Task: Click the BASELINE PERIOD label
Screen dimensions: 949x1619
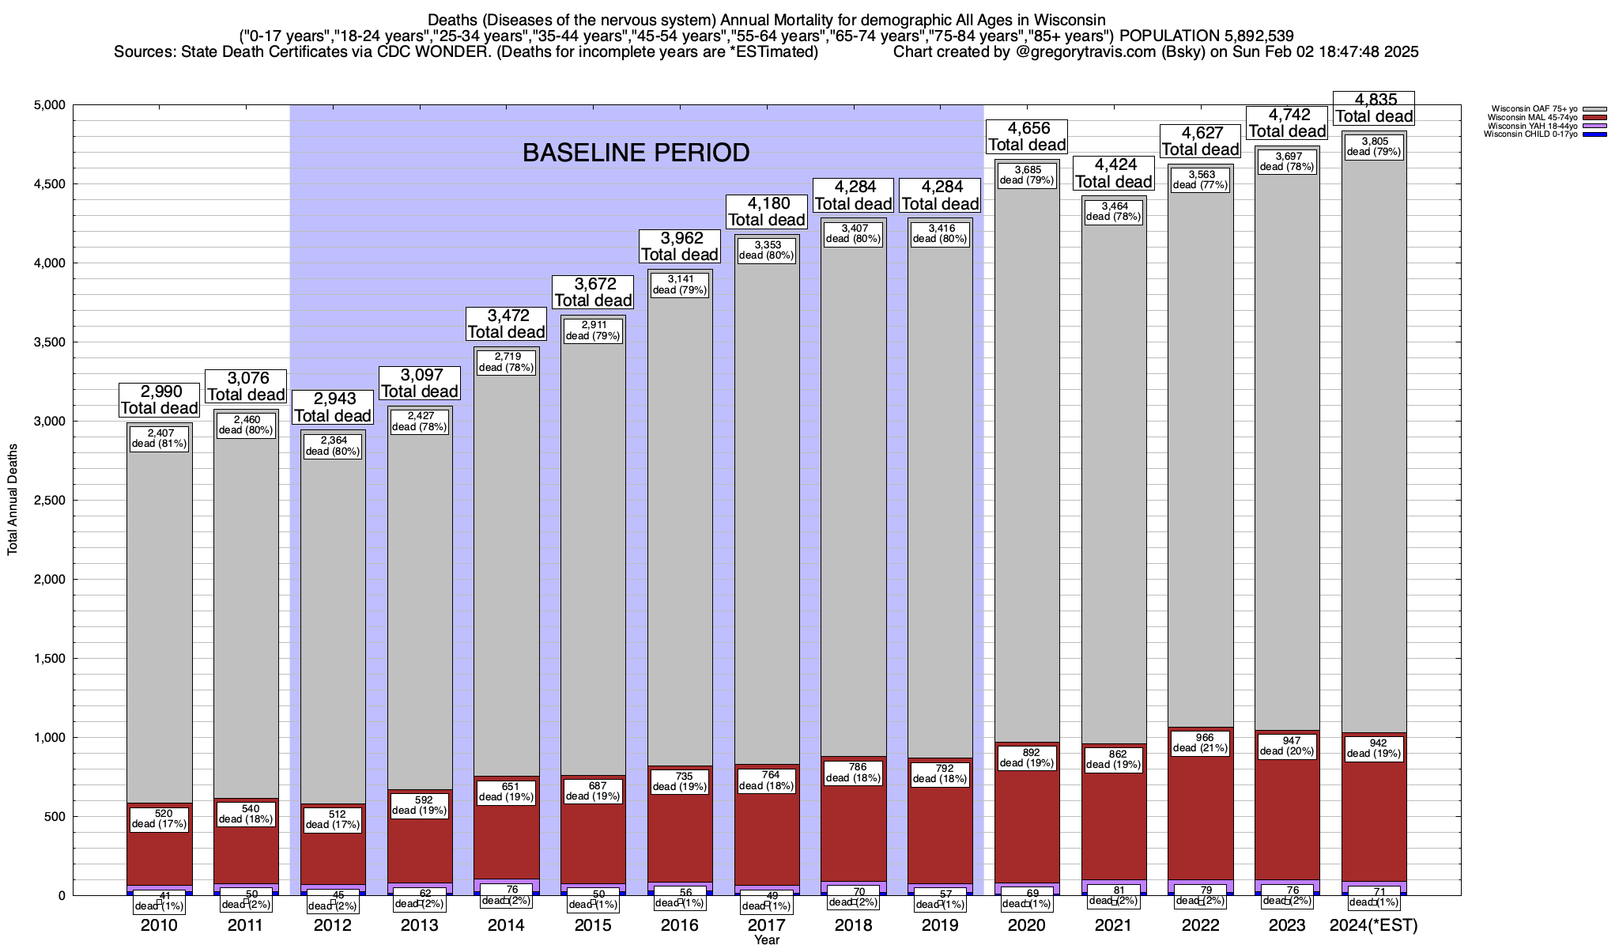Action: click(x=636, y=153)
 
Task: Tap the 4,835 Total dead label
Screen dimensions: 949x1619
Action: click(x=1374, y=108)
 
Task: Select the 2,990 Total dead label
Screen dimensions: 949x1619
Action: click(x=159, y=400)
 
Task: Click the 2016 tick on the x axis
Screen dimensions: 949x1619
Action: click(x=680, y=924)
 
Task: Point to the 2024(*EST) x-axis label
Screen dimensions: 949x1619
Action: click(x=1374, y=924)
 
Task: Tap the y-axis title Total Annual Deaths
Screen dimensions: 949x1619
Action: click(x=13, y=499)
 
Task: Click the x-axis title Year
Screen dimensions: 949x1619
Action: click(x=766, y=940)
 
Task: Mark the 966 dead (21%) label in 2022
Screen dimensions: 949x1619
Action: click(x=1200, y=743)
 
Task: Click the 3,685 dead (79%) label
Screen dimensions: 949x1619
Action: click(x=1027, y=175)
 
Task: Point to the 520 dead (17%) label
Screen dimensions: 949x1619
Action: click(x=159, y=819)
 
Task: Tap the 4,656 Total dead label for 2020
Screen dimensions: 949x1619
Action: click(x=1027, y=136)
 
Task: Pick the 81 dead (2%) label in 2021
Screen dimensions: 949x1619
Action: click(x=1114, y=895)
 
